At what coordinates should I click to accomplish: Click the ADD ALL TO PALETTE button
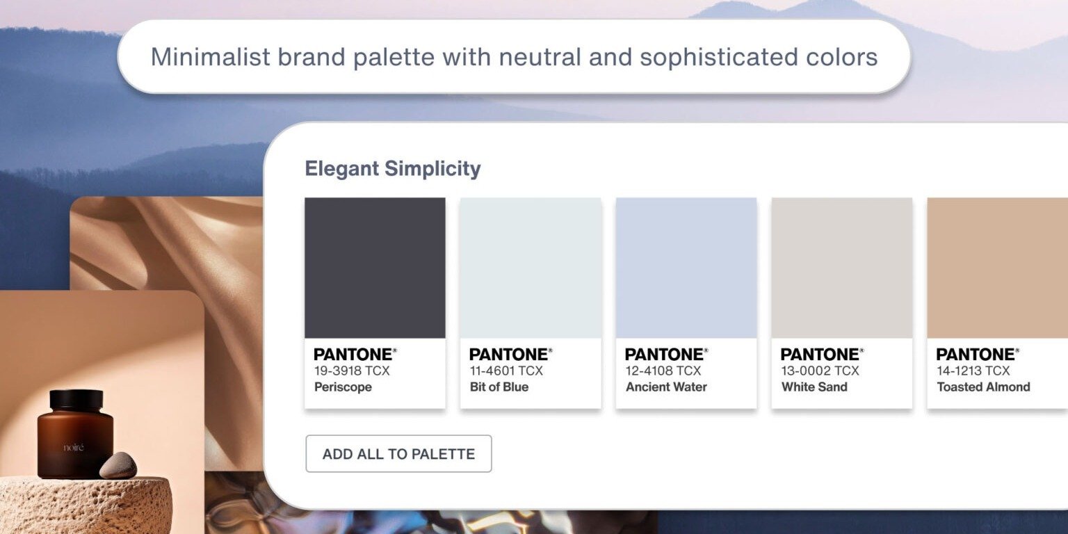click(398, 454)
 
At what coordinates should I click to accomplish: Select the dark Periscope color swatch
click(375, 268)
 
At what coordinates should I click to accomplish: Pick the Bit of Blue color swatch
click(531, 268)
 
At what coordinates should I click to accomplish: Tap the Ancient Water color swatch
click(686, 268)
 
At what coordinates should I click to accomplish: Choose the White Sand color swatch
click(842, 268)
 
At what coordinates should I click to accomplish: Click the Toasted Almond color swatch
click(997, 268)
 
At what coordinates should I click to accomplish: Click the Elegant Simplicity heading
click(393, 168)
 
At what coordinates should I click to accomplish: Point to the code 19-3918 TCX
click(352, 371)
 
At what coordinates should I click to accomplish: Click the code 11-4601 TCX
click(506, 371)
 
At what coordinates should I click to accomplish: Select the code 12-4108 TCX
click(663, 371)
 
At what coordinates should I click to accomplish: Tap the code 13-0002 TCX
click(820, 371)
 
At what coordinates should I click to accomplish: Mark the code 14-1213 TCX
click(973, 371)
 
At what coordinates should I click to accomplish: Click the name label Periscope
click(343, 387)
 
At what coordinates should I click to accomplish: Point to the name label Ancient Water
click(666, 387)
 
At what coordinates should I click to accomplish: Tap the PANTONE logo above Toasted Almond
click(977, 355)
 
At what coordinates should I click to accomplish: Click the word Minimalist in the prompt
click(210, 57)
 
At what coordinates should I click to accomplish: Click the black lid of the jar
click(76, 399)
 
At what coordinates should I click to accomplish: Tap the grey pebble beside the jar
click(118, 465)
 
